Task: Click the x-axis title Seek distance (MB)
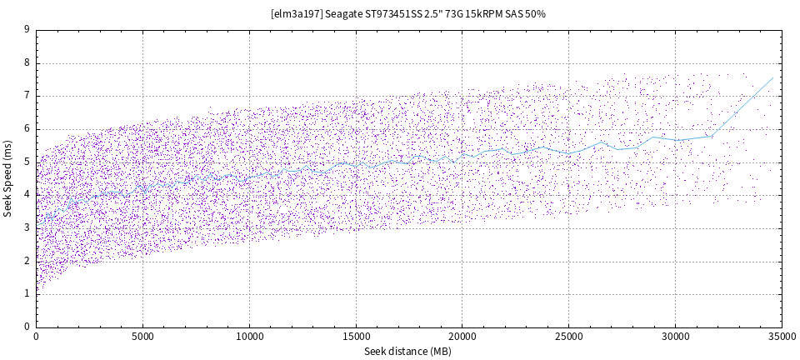(407, 352)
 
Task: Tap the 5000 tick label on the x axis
(142, 337)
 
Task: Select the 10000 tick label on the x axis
(249, 337)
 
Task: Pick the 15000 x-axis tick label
(356, 337)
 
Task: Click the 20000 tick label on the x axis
(462, 337)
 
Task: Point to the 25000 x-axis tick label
(568, 337)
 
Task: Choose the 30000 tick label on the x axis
(675, 337)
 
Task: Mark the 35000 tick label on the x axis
(781, 337)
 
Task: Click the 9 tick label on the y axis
(27, 29)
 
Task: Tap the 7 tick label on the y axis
(27, 96)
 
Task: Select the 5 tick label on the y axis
(27, 162)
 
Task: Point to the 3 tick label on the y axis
(27, 227)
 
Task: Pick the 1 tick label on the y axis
(27, 294)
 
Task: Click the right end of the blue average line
(773, 77)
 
